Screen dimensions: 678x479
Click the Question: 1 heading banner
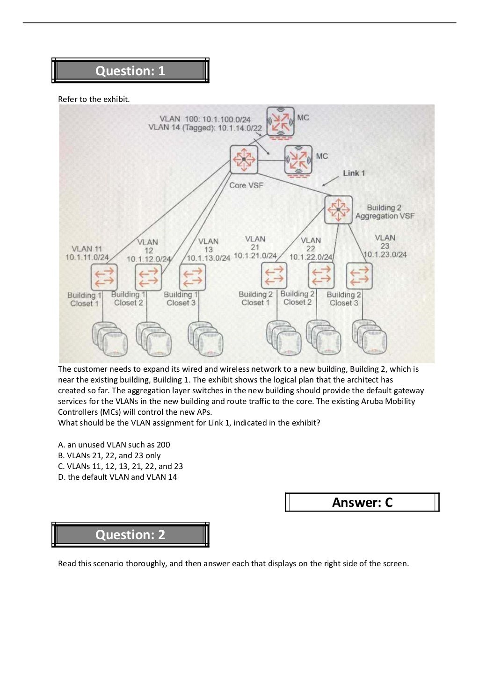(x=130, y=71)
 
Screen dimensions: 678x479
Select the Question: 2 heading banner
(x=130, y=534)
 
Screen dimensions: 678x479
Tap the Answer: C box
(x=362, y=502)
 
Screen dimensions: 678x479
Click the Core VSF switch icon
(x=244, y=159)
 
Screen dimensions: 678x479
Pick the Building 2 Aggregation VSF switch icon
(x=338, y=210)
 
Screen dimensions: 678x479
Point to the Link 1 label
(x=354, y=173)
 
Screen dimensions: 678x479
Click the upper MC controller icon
(x=280, y=122)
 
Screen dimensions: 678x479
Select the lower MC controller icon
(x=298, y=159)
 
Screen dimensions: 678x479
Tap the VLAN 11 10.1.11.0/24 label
(x=87, y=253)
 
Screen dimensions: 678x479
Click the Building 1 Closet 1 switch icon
(x=104, y=277)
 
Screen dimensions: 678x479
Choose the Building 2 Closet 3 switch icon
(x=359, y=276)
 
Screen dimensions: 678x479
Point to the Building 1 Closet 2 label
(x=129, y=298)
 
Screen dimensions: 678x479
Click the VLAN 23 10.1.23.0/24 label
(x=385, y=246)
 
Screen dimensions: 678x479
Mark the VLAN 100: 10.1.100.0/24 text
(x=205, y=119)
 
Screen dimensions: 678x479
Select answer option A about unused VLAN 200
(x=114, y=445)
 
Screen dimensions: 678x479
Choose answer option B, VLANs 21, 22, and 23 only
(x=109, y=455)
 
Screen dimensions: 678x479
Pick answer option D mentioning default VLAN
(x=117, y=477)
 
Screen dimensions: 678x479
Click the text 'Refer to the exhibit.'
(x=94, y=99)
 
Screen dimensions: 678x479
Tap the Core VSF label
(x=246, y=185)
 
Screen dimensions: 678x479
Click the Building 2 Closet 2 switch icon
(x=321, y=275)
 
